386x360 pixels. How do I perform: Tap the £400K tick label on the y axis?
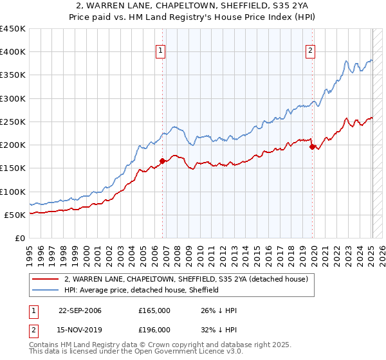(13, 52)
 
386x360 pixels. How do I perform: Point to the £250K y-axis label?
(13, 122)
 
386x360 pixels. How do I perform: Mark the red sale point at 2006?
(163, 161)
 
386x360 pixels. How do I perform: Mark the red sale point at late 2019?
(313, 147)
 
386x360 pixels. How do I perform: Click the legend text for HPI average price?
(142, 290)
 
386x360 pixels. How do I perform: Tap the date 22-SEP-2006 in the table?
(80, 310)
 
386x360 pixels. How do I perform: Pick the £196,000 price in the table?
(154, 330)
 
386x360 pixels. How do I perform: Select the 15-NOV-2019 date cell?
(80, 330)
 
